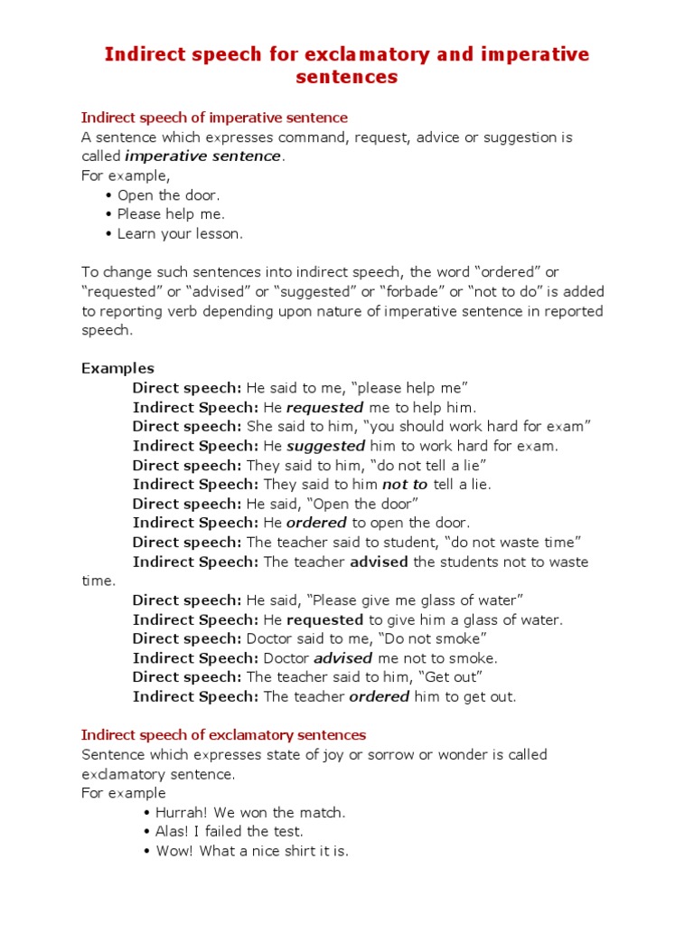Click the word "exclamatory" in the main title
tap(359, 54)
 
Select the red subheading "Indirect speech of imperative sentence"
tap(214, 118)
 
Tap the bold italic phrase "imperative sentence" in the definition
tap(203, 156)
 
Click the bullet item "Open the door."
tap(168, 195)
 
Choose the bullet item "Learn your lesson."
tap(180, 233)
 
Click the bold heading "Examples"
tap(117, 368)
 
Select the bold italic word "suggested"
tap(326, 446)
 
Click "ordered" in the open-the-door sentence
tap(317, 523)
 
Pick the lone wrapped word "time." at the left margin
tap(98, 581)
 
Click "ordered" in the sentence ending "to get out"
tap(379, 696)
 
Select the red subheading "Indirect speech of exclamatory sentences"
tap(223, 735)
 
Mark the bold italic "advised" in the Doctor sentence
tap(343, 658)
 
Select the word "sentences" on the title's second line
tap(347, 77)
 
